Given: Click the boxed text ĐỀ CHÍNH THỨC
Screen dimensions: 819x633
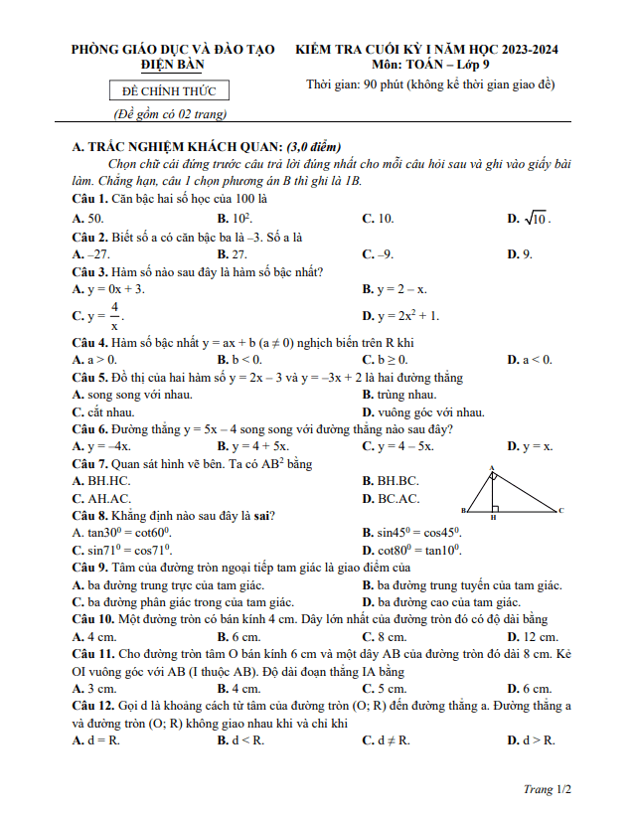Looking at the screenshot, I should (x=168, y=91).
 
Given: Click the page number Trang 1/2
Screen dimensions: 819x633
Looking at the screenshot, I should (x=548, y=789).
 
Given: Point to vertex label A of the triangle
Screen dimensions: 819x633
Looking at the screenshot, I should (x=492, y=468).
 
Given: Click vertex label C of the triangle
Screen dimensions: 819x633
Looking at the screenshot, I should (x=561, y=511).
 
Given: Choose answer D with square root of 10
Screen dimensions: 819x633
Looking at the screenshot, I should (x=529, y=219).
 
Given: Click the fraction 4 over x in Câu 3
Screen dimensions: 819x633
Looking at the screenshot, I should (x=114, y=316).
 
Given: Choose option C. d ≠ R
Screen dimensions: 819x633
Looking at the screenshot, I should (x=388, y=740).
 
